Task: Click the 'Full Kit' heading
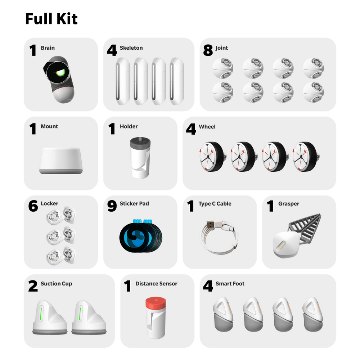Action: (x=51, y=19)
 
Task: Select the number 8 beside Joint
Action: (x=208, y=50)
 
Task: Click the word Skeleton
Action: (x=131, y=48)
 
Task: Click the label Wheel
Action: (x=207, y=127)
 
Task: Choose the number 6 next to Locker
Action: (x=33, y=206)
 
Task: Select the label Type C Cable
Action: (x=215, y=204)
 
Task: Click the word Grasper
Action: (x=288, y=204)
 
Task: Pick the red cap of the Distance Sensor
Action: (x=155, y=303)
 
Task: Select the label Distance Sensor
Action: (x=156, y=284)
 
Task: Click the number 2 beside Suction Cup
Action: (x=33, y=287)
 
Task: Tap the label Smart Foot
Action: (x=230, y=284)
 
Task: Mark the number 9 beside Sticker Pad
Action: (x=112, y=206)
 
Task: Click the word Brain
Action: (x=48, y=48)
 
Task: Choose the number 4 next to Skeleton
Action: (x=112, y=50)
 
